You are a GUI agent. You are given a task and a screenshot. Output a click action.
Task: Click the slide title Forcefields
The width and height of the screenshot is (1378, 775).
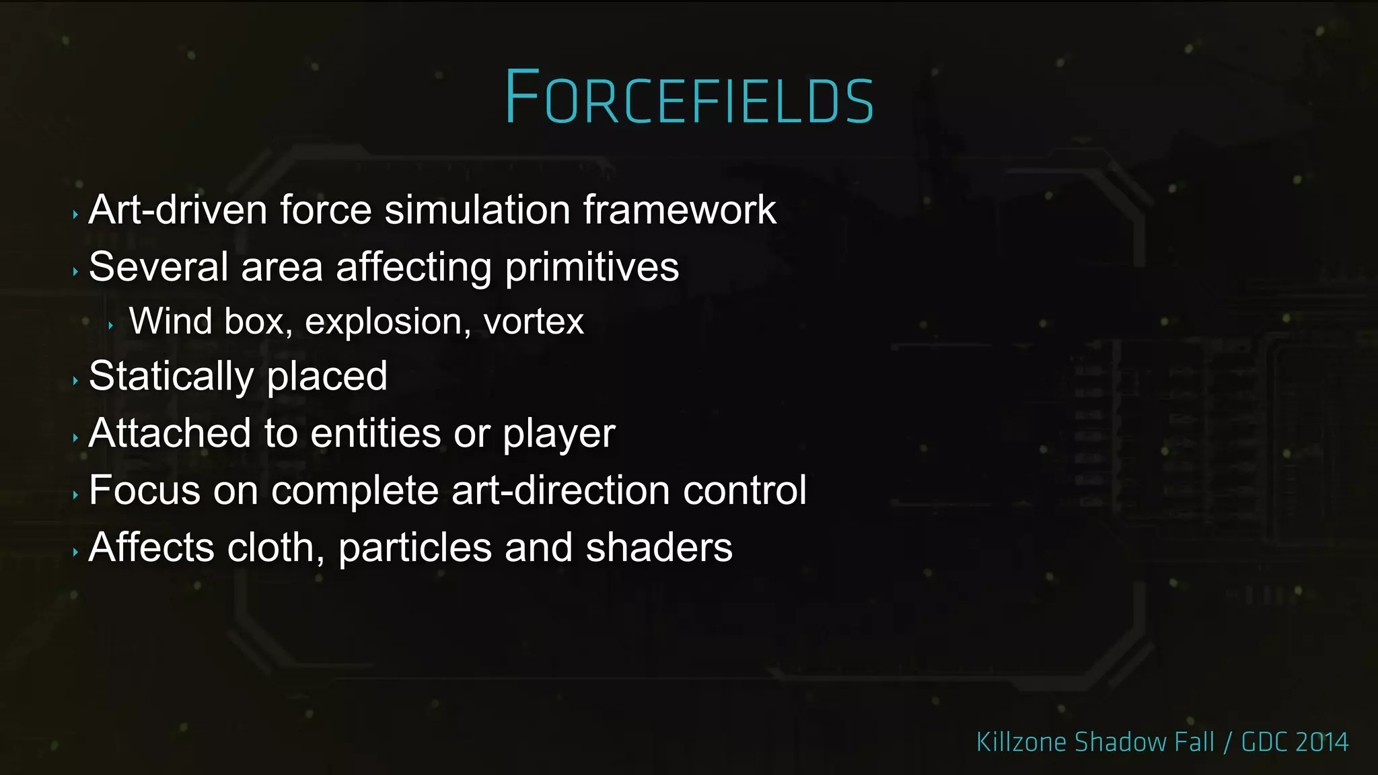tap(689, 98)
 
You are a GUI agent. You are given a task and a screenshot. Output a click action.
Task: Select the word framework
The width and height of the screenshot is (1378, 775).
tap(680, 210)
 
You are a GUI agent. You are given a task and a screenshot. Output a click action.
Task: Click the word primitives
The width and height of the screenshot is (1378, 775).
tap(592, 268)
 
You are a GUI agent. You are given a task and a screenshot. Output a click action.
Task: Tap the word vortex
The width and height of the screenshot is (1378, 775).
tap(534, 322)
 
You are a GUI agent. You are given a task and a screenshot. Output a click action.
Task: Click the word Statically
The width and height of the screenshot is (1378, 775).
tap(171, 377)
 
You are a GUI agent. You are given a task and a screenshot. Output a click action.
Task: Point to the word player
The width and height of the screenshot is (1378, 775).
tap(559, 435)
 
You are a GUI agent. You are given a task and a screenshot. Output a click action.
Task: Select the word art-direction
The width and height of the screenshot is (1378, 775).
tap(561, 490)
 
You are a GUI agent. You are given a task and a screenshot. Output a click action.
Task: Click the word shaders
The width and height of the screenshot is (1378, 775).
tap(659, 548)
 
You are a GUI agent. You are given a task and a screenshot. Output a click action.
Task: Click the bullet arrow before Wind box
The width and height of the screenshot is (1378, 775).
tap(110, 326)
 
